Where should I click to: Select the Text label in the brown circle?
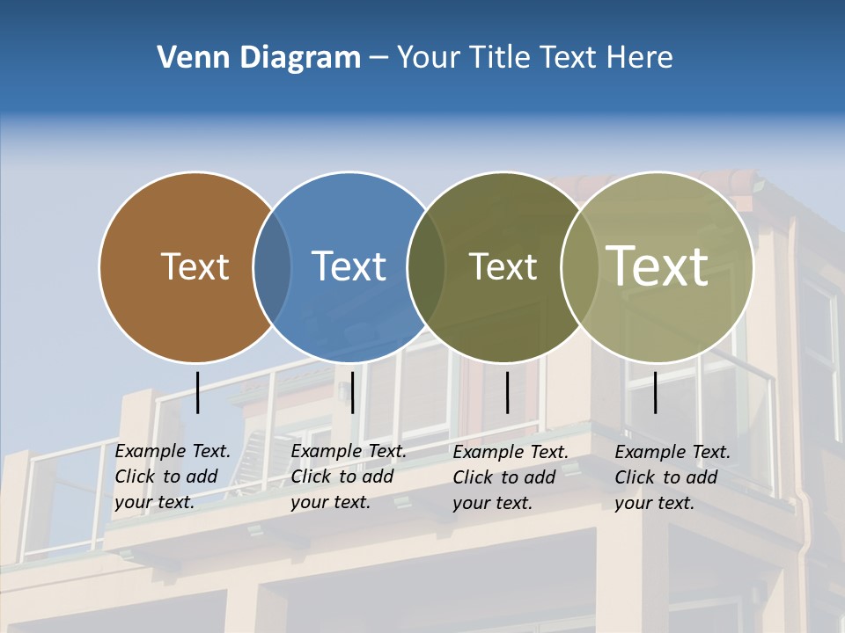(195, 266)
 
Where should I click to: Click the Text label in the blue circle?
(349, 266)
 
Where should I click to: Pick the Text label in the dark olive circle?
(503, 266)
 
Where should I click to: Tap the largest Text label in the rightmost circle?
(658, 266)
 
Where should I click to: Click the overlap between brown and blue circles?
(272, 266)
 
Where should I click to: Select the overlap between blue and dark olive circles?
(426, 266)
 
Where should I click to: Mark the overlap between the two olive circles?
(577, 266)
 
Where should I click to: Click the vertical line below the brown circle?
(198, 392)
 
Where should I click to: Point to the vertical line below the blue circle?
(352, 392)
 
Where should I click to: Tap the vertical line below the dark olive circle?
(507, 392)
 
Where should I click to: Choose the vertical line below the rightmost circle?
(656, 392)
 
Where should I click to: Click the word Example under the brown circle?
(151, 451)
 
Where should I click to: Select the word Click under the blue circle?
(312, 477)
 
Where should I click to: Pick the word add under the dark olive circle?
(539, 477)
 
